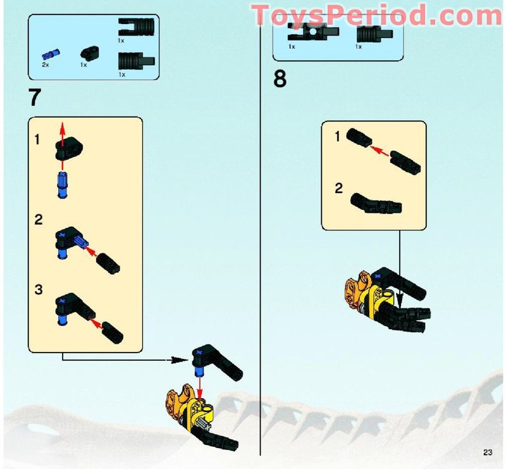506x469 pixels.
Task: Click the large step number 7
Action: click(x=35, y=98)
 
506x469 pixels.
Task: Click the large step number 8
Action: click(x=280, y=80)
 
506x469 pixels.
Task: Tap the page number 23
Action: click(x=487, y=452)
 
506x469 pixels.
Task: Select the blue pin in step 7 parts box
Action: click(x=50, y=54)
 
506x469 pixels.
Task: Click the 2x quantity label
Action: click(x=46, y=65)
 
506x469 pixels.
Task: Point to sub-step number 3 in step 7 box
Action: click(x=39, y=290)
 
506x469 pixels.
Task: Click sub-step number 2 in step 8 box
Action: click(x=338, y=188)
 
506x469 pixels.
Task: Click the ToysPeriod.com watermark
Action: click(x=377, y=15)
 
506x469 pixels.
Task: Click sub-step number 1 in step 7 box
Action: click(x=38, y=140)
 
